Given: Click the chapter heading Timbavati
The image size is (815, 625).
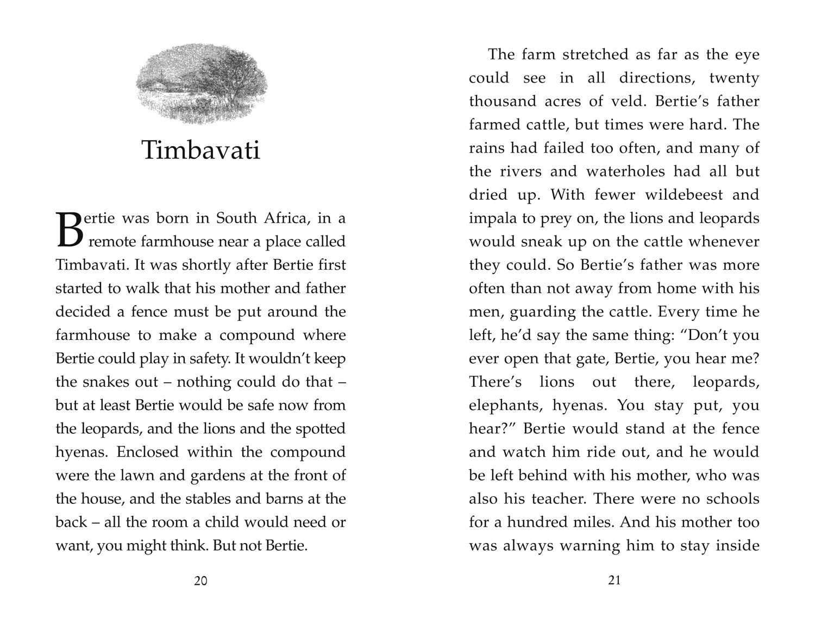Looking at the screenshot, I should tap(201, 150).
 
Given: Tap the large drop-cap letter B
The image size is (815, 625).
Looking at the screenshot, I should tap(69, 230).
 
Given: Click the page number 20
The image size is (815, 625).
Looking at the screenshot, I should tap(200, 581).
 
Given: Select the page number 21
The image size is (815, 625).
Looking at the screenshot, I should tap(614, 580).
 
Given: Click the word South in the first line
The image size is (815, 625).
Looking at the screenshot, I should tap(236, 218).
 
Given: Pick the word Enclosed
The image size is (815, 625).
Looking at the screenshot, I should tap(148, 452).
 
